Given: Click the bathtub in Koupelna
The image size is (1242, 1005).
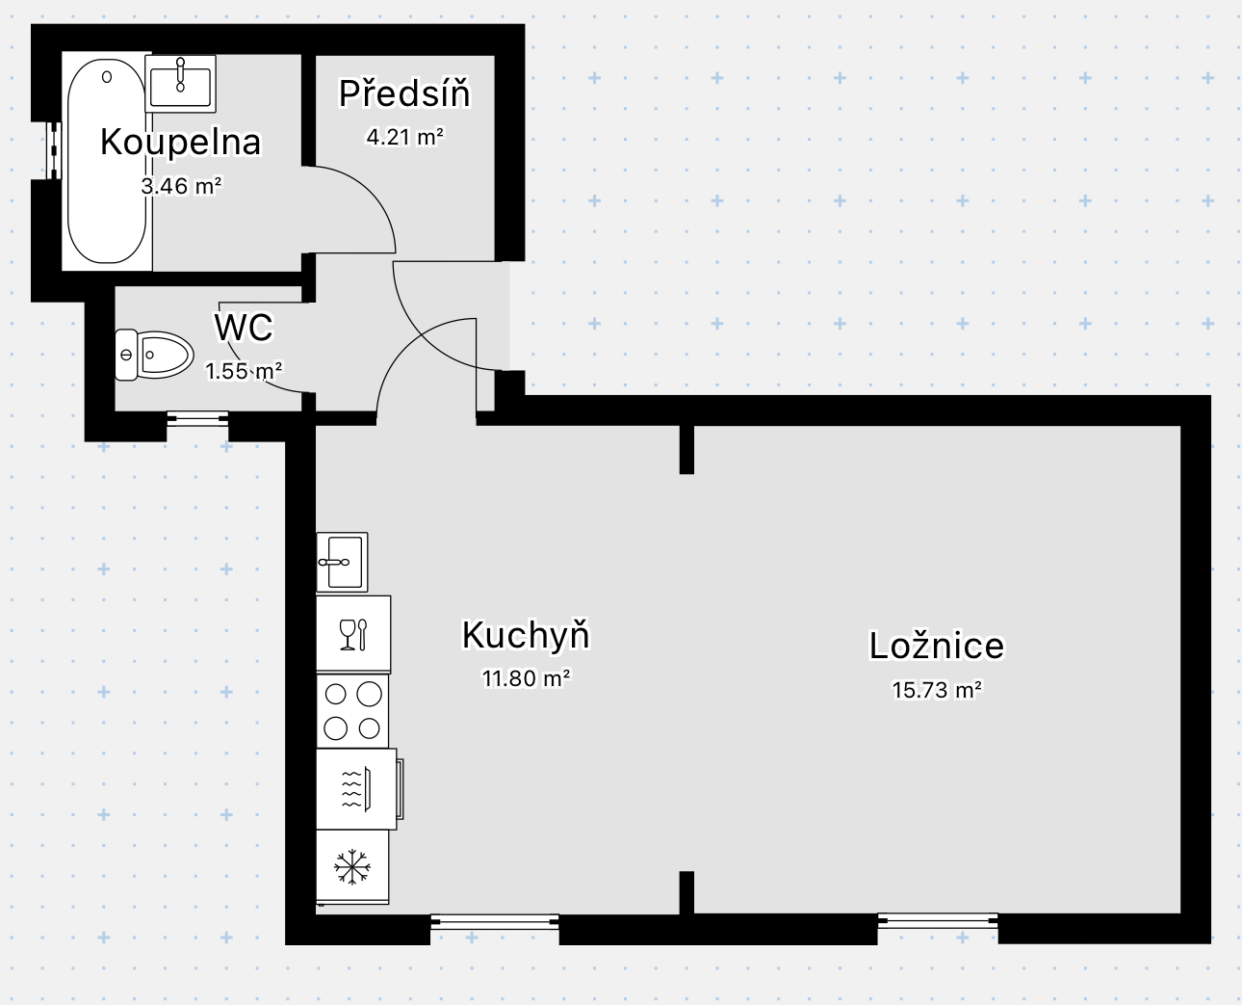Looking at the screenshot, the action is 107,161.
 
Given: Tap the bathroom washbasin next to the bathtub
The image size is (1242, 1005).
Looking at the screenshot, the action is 181,84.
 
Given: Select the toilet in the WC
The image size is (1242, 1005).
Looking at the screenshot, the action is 154,355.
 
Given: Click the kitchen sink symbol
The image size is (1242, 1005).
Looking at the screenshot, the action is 343,562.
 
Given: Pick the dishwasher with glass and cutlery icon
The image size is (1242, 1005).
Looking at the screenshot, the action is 353,634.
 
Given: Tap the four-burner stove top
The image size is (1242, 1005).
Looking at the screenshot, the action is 352,711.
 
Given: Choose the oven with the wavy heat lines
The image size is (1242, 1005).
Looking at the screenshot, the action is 358,789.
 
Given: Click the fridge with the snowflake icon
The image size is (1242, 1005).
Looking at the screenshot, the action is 352,866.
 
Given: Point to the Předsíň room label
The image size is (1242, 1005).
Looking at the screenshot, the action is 404,93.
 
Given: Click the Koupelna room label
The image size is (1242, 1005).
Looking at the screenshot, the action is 181,142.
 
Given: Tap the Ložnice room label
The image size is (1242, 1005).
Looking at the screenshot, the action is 937,646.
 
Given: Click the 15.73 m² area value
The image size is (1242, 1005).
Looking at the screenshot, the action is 937,690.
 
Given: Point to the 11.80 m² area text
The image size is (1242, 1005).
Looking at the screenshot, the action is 526,678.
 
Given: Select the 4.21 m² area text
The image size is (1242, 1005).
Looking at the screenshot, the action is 405,137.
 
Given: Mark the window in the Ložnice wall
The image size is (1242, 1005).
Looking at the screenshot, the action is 938,921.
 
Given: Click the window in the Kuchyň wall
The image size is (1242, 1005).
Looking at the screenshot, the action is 495,921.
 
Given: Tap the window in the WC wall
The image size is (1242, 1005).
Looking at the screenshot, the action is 197,418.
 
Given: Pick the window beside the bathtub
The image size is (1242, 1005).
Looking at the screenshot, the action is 54,150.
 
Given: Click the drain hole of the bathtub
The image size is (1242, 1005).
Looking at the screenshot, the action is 107,76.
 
